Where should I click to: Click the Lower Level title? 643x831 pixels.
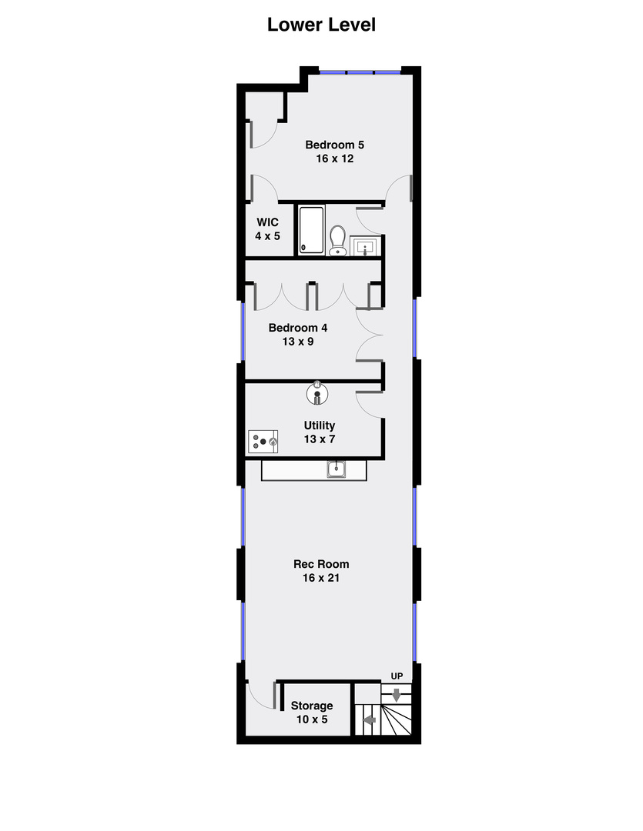click(x=321, y=25)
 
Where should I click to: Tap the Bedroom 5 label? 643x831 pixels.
click(x=334, y=145)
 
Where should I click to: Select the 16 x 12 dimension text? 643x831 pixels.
click(x=334, y=159)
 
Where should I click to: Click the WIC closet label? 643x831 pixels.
click(x=267, y=222)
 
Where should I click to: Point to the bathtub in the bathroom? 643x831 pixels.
click(x=311, y=229)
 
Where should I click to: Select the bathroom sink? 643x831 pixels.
click(x=364, y=246)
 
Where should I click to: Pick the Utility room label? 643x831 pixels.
click(x=320, y=425)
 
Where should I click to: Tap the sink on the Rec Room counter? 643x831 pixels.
click(x=337, y=469)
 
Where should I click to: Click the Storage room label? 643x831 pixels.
click(x=312, y=706)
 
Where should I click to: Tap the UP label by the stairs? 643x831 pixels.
click(x=397, y=676)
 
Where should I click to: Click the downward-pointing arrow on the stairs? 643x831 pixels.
click(x=397, y=695)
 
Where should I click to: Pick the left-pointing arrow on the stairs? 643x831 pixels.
click(x=369, y=721)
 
